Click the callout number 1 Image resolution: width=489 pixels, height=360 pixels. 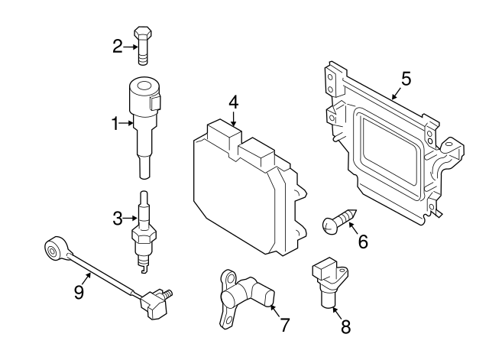115,124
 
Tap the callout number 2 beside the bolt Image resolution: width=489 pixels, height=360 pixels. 118,47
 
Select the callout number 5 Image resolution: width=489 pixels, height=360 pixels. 406,79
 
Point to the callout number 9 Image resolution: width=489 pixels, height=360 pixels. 79,292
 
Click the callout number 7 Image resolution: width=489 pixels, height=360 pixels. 285,325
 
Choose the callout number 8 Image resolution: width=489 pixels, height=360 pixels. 346,327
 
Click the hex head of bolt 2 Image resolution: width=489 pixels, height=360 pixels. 143,32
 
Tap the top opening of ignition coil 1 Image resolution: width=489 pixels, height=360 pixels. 144,86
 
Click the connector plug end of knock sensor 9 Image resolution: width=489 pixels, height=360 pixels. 155,305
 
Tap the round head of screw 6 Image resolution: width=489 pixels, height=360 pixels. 329,225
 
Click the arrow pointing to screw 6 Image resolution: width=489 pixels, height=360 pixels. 354,228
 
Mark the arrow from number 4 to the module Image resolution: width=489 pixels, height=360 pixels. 234,118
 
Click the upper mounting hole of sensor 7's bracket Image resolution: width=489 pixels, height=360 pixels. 231,277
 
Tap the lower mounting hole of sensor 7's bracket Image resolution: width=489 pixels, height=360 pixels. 229,319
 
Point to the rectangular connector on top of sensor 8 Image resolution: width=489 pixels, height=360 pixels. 323,268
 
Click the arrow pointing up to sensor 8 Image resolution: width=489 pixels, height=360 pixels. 336,313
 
